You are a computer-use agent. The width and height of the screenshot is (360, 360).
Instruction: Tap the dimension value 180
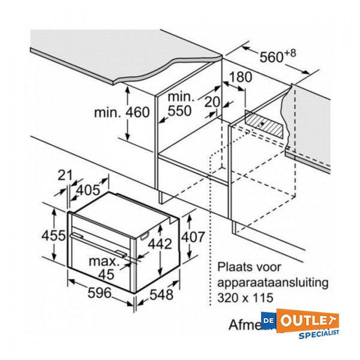click(236, 78)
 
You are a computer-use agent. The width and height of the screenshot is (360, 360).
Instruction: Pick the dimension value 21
click(64, 175)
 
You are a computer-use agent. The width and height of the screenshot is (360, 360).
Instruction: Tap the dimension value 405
click(88, 191)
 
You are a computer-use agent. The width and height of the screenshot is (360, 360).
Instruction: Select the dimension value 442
click(160, 244)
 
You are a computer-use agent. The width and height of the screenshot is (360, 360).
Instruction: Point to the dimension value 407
click(193, 238)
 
